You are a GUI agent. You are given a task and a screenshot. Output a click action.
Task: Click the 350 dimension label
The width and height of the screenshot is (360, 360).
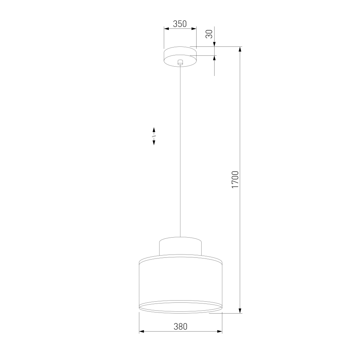180,24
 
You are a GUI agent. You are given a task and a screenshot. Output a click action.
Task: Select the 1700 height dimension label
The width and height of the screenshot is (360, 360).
235,180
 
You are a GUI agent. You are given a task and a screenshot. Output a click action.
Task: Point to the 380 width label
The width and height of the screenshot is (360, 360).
180,327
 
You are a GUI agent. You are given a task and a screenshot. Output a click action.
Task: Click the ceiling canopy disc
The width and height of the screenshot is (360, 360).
180,57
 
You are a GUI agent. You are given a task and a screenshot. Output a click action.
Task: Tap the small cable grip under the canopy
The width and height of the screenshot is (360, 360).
180,62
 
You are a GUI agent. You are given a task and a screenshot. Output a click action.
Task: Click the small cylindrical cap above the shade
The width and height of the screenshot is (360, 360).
180,246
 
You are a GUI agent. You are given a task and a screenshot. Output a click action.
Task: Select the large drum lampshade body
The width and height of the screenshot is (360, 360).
181,284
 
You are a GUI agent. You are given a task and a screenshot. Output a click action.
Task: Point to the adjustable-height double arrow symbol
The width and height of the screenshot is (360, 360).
154,136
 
